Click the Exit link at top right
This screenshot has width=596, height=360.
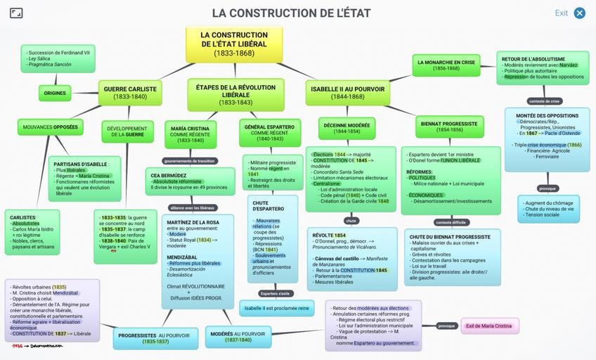pyautogui.click(x=561, y=13)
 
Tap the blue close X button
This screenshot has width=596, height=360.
pyautogui.click(x=580, y=13)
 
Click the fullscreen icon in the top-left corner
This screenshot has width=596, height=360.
pyautogui.click(x=16, y=13)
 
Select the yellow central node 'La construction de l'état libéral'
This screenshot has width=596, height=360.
pyautogui.click(x=234, y=44)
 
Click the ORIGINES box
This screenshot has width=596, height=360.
pyautogui.click(x=55, y=93)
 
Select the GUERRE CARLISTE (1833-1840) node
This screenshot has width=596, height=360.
pyautogui.click(x=130, y=93)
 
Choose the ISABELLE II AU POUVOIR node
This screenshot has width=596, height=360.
pyautogui.click(x=347, y=93)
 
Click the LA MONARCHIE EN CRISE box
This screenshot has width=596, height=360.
pyautogui.click(x=446, y=65)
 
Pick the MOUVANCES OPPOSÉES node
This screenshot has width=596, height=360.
pyautogui.click(x=51, y=127)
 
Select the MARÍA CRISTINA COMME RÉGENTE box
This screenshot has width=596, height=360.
pyautogui.click(x=189, y=134)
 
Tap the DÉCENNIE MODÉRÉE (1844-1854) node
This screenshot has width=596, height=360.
pyautogui.click(x=347, y=127)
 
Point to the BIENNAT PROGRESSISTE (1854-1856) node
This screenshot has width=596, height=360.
pyautogui.click(x=449, y=127)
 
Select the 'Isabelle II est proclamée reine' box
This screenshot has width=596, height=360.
pyautogui.click(x=275, y=308)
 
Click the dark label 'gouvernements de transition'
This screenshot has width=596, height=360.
pyautogui.click(x=190, y=160)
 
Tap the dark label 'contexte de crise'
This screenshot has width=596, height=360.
pyautogui.click(x=543, y=101)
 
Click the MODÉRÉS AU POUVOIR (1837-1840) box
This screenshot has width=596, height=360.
pyautogui.click(x=238, y=337)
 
